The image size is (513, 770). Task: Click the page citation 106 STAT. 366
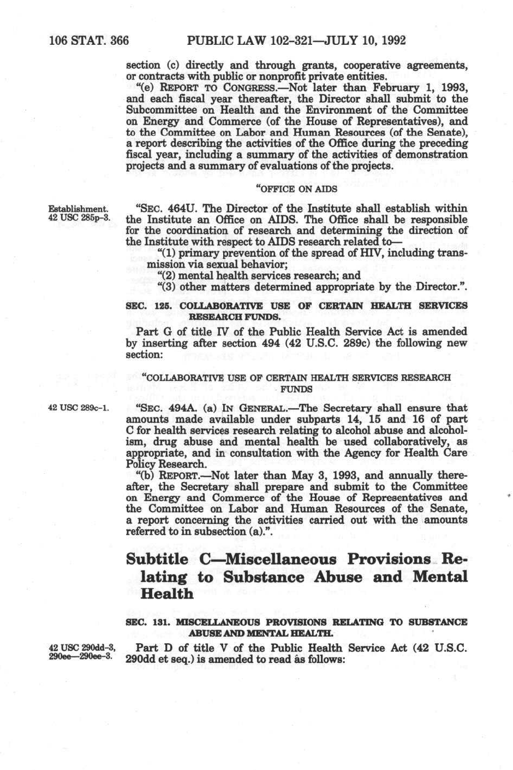pyautogui.click(x=88, y=40)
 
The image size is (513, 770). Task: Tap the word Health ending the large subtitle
pyautogui.click(x=167, y=593)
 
